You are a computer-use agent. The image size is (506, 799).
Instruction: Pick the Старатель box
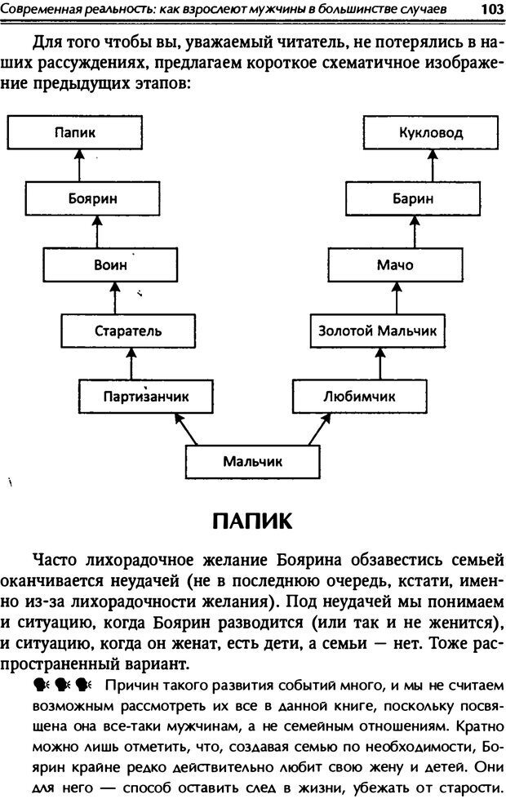128,331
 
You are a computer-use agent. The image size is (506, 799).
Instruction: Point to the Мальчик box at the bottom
253,461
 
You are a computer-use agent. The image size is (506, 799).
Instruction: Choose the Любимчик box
359,396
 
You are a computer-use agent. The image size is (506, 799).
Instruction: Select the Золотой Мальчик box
377,331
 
